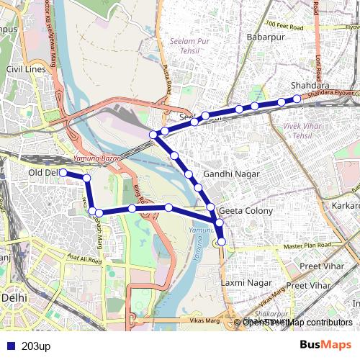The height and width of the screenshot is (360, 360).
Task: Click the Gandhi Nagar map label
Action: (229, 175)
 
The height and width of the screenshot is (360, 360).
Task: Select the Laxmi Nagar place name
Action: (247, 283)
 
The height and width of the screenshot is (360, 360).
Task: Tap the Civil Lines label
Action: (26, 69)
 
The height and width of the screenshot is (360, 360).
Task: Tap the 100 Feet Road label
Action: (287, 24)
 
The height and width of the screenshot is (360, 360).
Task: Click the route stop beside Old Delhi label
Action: (63, 173)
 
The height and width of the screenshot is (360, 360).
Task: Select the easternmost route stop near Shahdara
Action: (297, 99)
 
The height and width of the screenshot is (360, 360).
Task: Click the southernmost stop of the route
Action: (221, 241)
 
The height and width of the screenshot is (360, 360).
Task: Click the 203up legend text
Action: (37, 346)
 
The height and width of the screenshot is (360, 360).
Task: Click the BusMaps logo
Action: (325, 346)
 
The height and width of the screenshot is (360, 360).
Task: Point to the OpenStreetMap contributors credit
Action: (297, 323)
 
